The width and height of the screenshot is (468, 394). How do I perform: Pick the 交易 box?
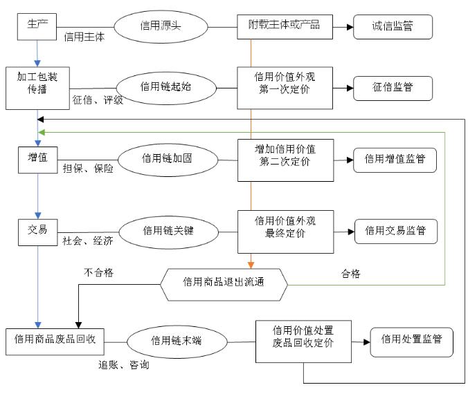coord(37,231)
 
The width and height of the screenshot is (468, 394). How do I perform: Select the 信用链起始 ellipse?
coord(165,87)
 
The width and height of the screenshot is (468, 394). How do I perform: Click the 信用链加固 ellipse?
coord(167,158)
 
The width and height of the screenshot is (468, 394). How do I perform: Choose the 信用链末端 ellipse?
coord(176,339)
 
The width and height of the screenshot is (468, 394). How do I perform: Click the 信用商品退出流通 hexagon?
coord(224,282)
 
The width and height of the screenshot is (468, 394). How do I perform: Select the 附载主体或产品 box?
coord(285,26)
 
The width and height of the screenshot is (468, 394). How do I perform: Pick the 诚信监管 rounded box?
coord(393,27)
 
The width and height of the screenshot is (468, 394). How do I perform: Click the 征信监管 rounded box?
coord(393,87)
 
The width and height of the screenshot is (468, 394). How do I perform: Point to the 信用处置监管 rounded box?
coord(412,341)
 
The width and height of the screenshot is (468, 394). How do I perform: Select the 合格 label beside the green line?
coord(350,274)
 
